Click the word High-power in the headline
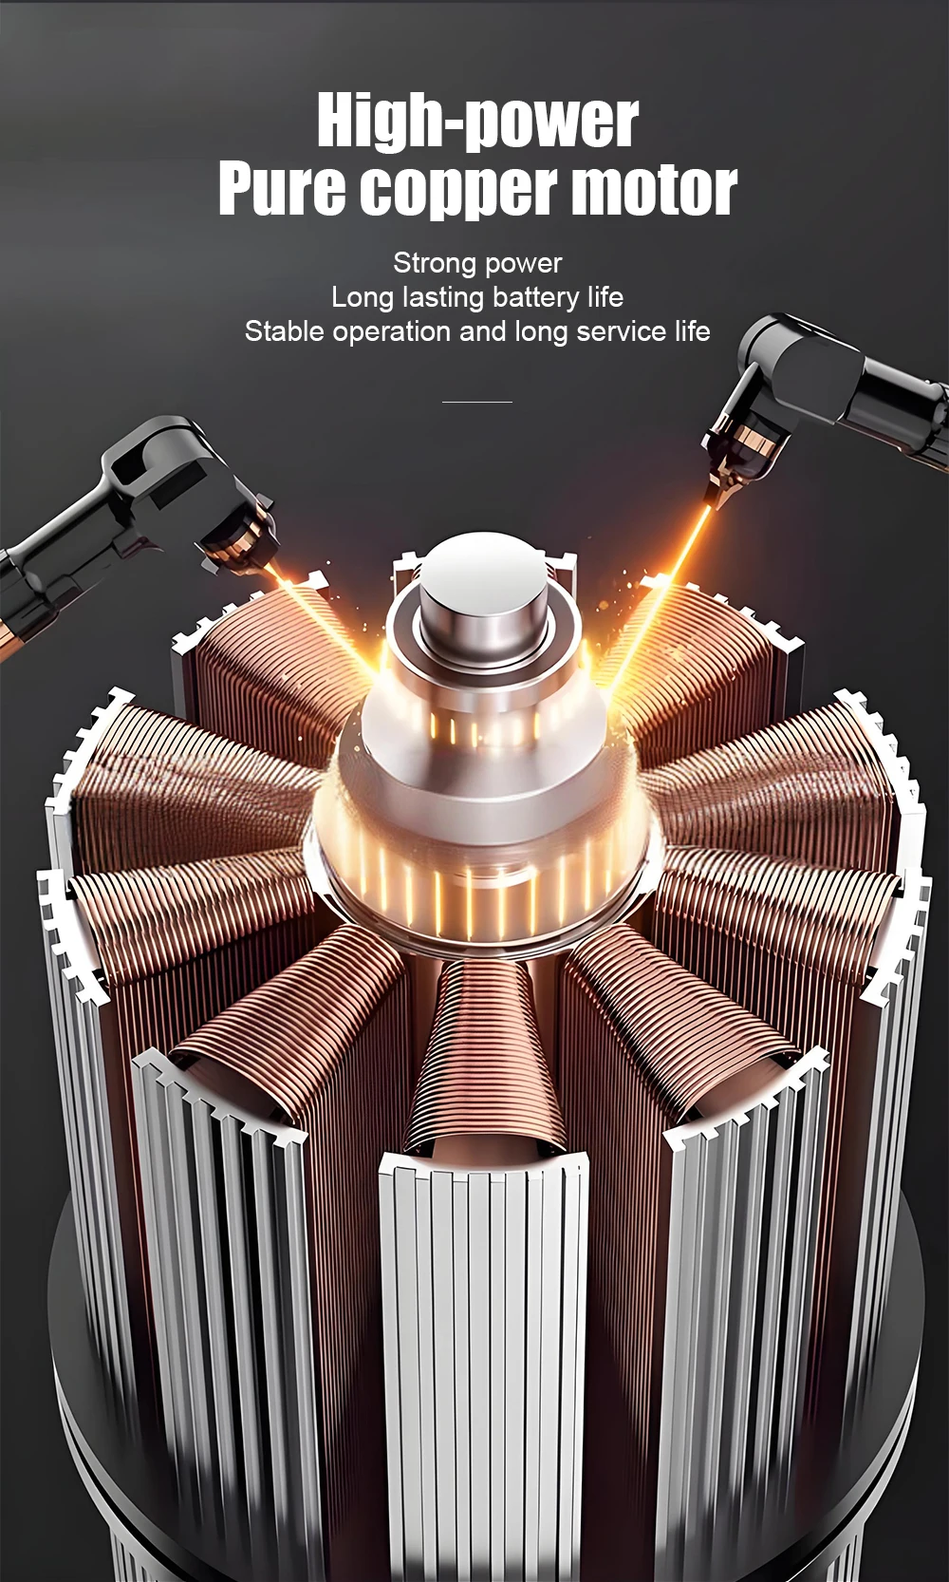coord(477,122)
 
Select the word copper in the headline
coord(458,192)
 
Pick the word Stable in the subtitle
coord(285,331)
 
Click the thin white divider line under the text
coord(477,402)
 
